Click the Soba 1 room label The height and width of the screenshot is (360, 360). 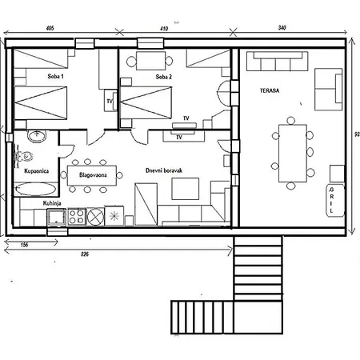point(55,76)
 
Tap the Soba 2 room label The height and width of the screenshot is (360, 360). point(164,77)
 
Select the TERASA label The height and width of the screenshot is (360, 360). point(270,90)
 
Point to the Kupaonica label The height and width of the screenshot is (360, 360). point(36,171)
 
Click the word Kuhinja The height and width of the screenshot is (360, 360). point(52,203)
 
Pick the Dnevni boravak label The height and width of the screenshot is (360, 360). point(164,170)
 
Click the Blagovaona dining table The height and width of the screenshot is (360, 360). point(92,175)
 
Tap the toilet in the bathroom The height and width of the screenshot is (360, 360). point(25,157)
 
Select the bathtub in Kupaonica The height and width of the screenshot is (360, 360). point(36,189)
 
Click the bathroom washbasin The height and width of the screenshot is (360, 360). point(37,136)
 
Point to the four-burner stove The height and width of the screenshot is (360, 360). point(77,217)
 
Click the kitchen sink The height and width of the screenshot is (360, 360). point(57,217)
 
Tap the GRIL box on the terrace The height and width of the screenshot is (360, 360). point(335,200)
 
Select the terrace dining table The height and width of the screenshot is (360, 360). point(293,153)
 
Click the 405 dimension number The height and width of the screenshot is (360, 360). point(50,28)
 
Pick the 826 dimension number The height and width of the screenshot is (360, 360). point(85,254)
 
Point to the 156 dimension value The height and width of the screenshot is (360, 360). point(24,245)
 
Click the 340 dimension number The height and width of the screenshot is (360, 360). point(282,28)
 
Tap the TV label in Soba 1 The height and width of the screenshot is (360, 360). point(110,102)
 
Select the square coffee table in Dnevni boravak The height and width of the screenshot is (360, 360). point(186,189)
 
